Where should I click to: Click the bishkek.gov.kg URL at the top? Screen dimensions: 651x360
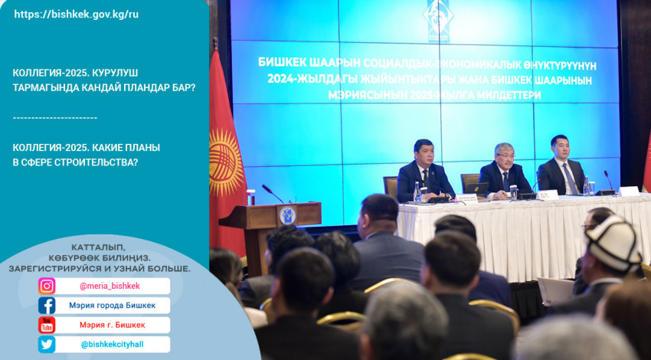(x=77, y=15)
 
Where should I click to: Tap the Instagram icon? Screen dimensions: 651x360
(x=47, y=286)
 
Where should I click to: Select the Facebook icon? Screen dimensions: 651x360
(x=47, y=306)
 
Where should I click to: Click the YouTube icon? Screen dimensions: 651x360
(x=47, y=325)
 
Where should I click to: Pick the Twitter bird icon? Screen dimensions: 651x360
(x=47, y=344)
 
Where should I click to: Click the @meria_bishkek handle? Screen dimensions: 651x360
(x=110, y=286)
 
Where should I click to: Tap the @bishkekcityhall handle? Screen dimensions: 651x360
(x=113, y=345)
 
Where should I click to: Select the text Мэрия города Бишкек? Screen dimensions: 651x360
(x=113, y=306)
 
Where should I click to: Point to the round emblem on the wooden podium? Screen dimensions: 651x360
(x=287, y=215)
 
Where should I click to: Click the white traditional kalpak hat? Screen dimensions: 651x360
(x=613, y=244)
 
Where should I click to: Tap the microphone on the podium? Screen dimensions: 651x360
(x=273, y=194)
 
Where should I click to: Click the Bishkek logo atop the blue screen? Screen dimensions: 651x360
(x=438, y=19)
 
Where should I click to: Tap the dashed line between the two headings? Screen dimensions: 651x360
(x=55, y=118)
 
